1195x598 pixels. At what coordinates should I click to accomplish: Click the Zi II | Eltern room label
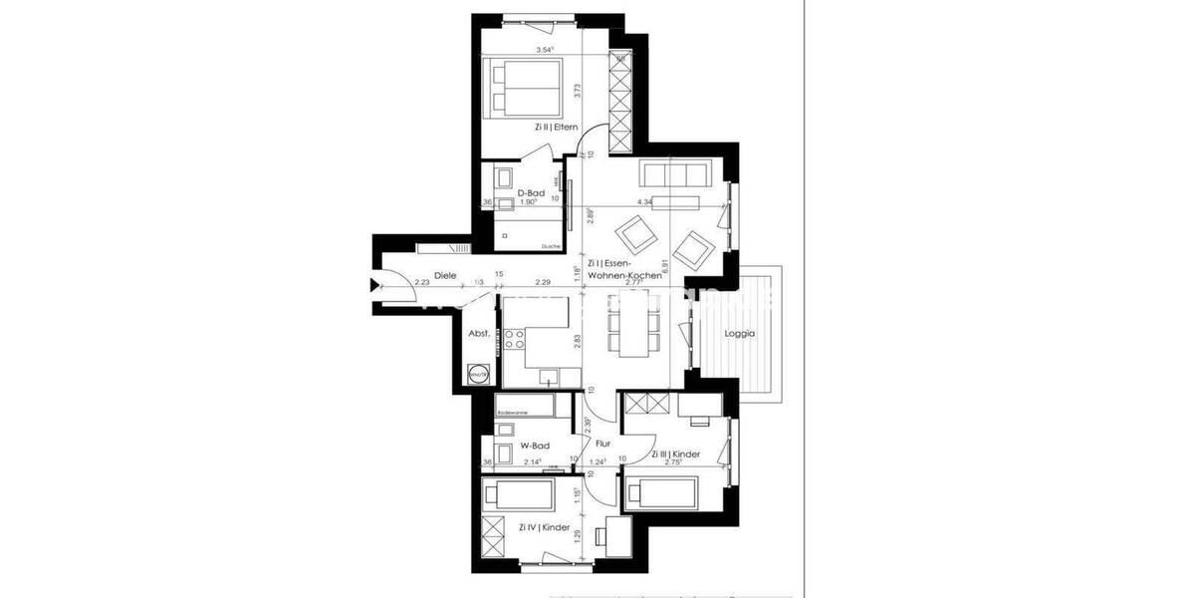point(556,128)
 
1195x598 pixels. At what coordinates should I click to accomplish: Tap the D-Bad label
point(529,193)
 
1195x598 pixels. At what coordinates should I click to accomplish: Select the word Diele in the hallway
point(444,276)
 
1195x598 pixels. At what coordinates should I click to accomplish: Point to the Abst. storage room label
point(479,335)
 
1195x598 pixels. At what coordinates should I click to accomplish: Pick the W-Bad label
point(536,446)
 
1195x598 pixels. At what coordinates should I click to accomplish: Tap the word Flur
point(602,445)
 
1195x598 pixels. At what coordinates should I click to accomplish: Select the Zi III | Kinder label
point(676,453)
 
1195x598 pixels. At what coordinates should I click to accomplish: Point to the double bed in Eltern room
point(523,87)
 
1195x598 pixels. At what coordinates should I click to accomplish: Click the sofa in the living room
point(671,173)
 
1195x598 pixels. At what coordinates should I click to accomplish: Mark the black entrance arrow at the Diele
point(374,286)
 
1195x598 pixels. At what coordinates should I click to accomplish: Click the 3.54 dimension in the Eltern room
point(544,50)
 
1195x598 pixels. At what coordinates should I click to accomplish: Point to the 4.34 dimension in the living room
point(644,202)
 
